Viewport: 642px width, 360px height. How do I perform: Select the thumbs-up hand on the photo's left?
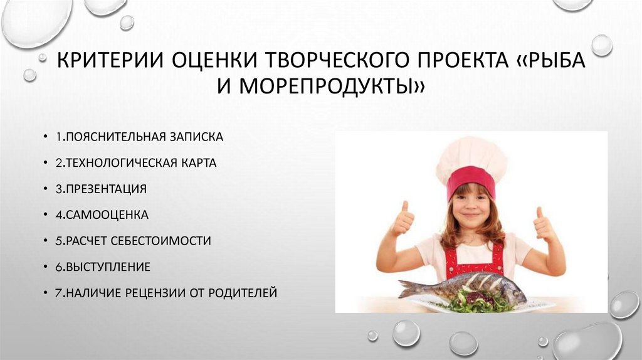(x=403, y=220)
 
